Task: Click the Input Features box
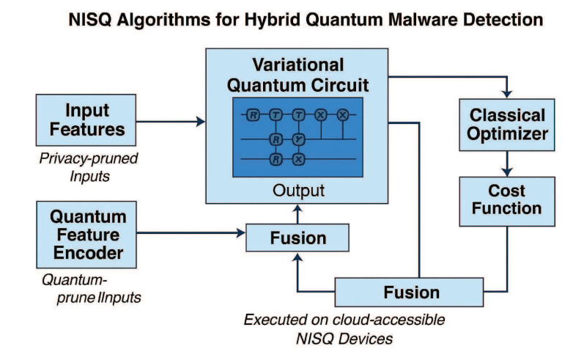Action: click(x=85, y=121)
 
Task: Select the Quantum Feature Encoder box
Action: click(x=85, y=235)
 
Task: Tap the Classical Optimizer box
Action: click(x=507, y=125)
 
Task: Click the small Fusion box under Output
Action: click(x=297, y=238)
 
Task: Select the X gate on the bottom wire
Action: click(x=298, y=158)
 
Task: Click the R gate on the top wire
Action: click(x=252, y=115)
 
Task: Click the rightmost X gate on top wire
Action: click(x=341, y=115)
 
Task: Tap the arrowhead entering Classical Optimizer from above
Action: click(x=507, y=94)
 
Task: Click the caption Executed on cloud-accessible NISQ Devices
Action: click(x=344, y=328)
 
